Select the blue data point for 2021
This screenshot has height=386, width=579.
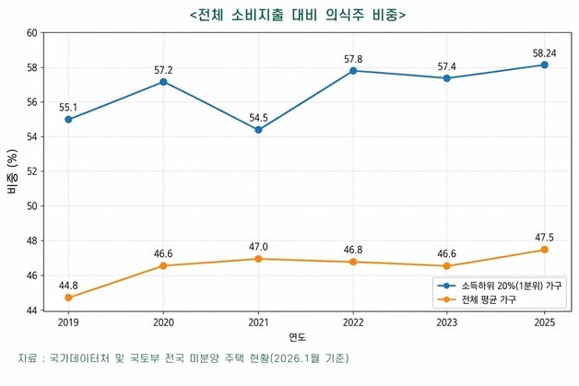pos(258,130)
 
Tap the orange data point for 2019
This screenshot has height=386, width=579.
pos(68,298)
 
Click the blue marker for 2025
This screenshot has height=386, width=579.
pos(544,64)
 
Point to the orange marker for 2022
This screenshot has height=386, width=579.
pos(353,262)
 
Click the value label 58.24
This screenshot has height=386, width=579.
pos(544,53)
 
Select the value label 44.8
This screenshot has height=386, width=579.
pos(68,285)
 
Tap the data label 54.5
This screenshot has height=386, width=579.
pos(258,117)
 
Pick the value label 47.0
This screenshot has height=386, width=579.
pos(258,246)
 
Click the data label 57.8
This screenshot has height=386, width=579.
pos(353,59)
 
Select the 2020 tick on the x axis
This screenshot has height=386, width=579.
pos(163,322)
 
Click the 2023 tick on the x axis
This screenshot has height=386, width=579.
pos(448,322)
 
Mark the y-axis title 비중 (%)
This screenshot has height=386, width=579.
pos(12,171)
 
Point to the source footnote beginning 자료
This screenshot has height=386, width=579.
pos(184,357)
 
